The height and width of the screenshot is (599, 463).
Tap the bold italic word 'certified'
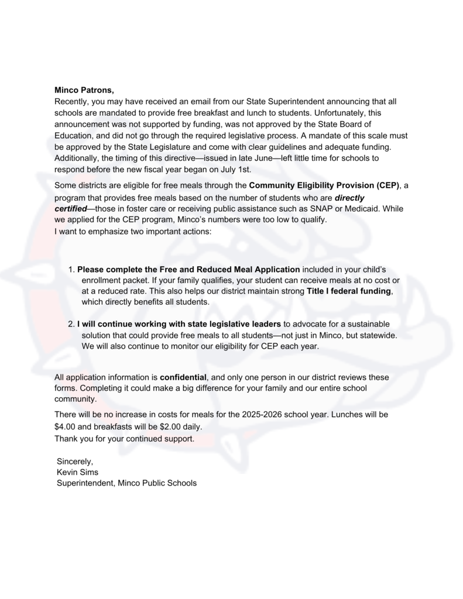[70, 209]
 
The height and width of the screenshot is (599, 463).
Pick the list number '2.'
[72, 323]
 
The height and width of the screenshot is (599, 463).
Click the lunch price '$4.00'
[65, 426]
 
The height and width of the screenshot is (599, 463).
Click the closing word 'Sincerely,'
[75, 461]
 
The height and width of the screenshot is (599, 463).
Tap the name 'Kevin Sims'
[77, 471]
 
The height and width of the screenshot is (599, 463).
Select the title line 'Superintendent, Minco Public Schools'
[126, 483]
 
